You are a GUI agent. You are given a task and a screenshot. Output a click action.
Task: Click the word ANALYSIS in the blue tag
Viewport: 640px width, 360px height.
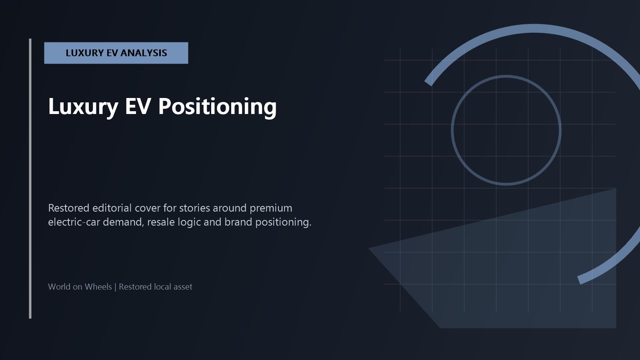144,53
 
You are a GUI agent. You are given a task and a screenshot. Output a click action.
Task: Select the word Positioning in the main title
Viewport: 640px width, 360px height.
218,106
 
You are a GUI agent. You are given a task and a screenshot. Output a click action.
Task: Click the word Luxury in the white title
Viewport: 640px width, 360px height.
83,106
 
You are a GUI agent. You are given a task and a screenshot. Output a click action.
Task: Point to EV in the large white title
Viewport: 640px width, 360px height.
138,106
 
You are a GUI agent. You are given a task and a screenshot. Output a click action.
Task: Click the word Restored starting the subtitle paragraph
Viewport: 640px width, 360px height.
68,208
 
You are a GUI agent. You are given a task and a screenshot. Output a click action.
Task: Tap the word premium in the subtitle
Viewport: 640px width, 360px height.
271,208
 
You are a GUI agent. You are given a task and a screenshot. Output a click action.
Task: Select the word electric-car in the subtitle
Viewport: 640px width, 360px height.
74,222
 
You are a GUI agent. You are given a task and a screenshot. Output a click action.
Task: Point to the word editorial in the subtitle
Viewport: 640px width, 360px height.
112,208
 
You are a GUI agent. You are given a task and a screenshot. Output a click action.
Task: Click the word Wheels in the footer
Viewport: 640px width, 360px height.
98,286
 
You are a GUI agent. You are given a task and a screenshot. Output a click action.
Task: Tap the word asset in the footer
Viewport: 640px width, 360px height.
183,287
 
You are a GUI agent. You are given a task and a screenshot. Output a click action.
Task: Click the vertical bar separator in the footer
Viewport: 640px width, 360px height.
116,287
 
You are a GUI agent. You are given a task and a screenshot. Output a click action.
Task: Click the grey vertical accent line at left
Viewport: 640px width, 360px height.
30,178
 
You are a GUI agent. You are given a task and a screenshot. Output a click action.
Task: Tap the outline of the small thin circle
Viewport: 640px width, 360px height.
452,130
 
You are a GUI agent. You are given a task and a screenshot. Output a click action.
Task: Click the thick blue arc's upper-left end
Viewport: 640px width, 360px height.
428,83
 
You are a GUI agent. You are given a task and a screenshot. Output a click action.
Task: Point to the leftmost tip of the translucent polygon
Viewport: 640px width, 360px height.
369,248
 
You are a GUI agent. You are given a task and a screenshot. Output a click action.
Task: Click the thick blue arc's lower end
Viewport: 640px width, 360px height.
580,280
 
